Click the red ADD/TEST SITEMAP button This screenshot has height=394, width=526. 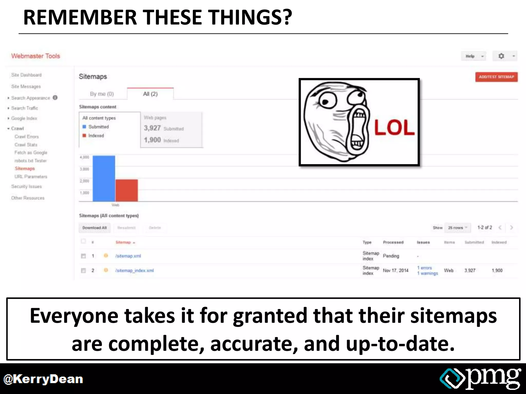pos(496,77)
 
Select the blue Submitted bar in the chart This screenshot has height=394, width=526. pos(104,179)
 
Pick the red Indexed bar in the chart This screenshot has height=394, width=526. pos(127,190)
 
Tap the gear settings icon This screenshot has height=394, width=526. pos(501,56)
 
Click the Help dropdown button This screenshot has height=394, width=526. pos(473,56)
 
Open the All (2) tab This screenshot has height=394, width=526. pos(150,94)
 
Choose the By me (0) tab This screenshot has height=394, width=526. pos(102,94)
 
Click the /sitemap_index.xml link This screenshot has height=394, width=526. pos(134,270)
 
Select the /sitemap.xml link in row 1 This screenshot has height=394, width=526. pos(128,256)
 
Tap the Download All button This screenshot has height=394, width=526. pos(94,228)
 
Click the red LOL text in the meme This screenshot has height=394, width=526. pos(394,128)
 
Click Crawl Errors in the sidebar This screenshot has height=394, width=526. pos(26,137)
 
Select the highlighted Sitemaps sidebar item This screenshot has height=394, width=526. pos(25,169)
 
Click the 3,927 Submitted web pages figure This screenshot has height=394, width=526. pos(152,128)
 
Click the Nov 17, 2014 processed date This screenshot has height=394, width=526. pos(396,270)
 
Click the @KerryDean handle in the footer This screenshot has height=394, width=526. pos(43,379)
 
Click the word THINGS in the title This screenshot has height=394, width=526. pos(249,17)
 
